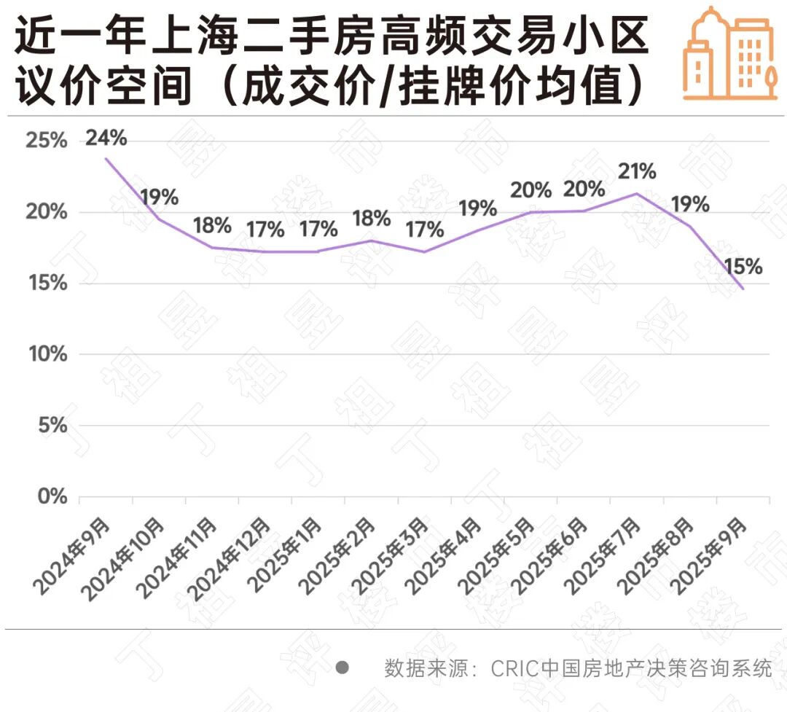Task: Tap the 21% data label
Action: (x=637, y=172)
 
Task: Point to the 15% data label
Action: (x=743, y=267)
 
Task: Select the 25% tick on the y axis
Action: (x=46, y=141)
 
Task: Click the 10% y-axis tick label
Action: (x=46, y=355)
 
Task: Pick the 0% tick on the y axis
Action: (x=51, y=497)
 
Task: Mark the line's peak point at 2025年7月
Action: (x=637, y=193)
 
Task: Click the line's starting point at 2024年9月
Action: (x=106, y=158)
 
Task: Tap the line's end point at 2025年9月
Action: (x=743, y=289)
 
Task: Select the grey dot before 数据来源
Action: (x=342, y=668)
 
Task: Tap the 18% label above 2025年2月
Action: (x=371, y=219)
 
